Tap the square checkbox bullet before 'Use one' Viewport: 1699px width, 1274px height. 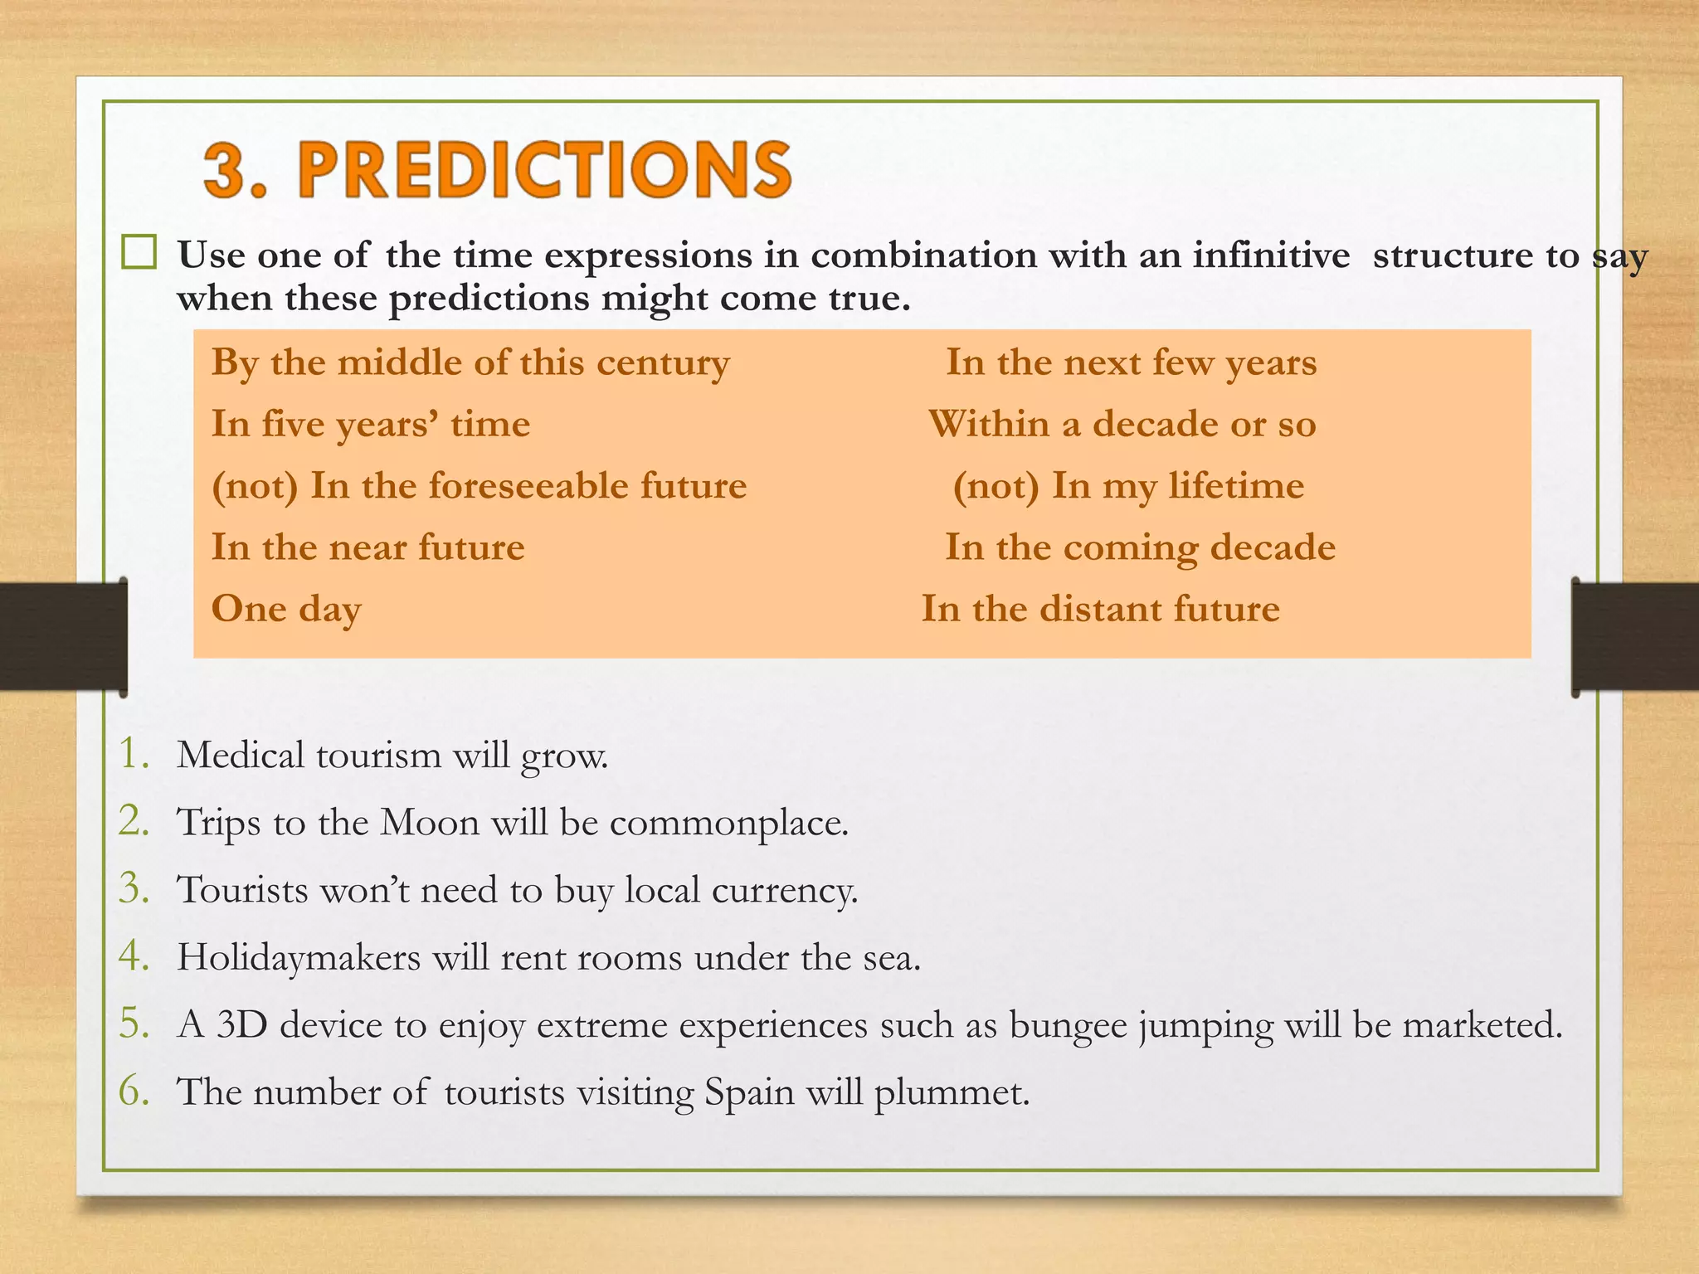(139, 252)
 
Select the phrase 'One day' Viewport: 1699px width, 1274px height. (286, 609)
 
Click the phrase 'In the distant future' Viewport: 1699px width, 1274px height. (1100, 609)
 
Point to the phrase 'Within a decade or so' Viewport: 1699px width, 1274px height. (1122, 424)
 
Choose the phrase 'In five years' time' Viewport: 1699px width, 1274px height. (370, 424)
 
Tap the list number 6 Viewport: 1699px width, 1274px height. (133, 1091)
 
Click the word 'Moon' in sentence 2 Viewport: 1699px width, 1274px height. (430, 823)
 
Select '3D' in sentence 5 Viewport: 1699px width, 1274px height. (242, 1025)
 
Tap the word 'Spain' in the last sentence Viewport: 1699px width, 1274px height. (749, 1092)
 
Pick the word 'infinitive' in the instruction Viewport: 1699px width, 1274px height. (1271, 255)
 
